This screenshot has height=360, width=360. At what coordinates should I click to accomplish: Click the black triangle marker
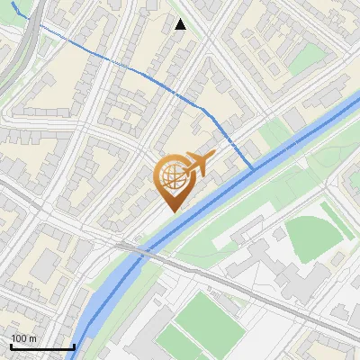click(180, 24)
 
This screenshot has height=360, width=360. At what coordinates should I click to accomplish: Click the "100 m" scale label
click(23, 338)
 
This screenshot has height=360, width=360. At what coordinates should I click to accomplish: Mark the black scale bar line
click(41, 346)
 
